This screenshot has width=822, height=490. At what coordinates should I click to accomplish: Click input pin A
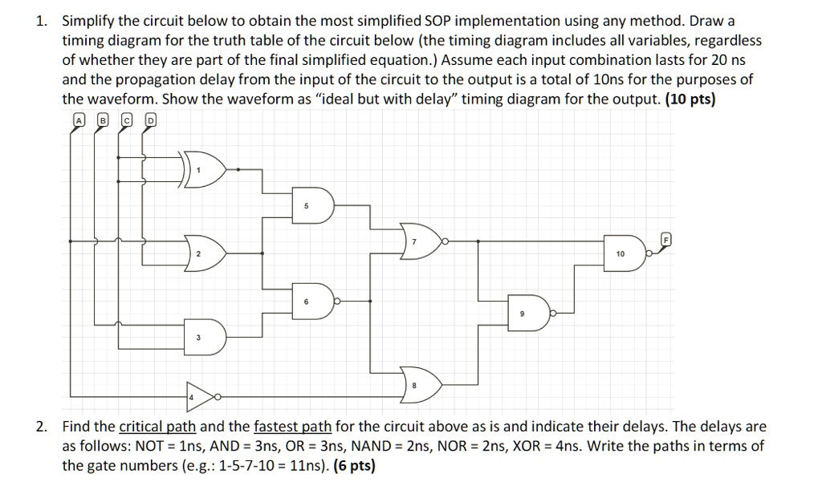[x=79, y=120]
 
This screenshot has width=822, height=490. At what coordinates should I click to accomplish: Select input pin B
[x=102, y=120]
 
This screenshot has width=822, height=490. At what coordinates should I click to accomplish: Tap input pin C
[x=126, y=120]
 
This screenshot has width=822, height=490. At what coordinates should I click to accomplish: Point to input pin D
[x=150, y=120]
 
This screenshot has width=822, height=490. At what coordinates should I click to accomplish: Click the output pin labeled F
[x=665, y=238]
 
